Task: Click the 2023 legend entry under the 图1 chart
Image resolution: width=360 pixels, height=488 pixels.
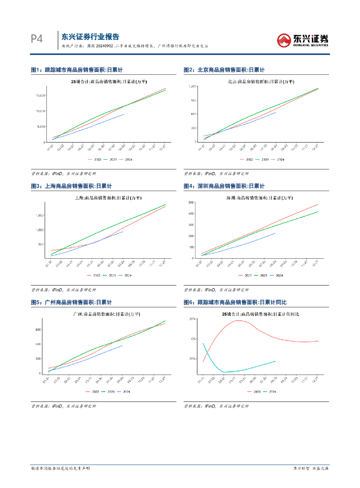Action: (x=112, y=159)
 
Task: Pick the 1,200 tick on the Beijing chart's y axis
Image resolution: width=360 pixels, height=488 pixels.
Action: (x=193, y=86)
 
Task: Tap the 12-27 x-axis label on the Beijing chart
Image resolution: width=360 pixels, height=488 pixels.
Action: (x=315, y=148)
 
